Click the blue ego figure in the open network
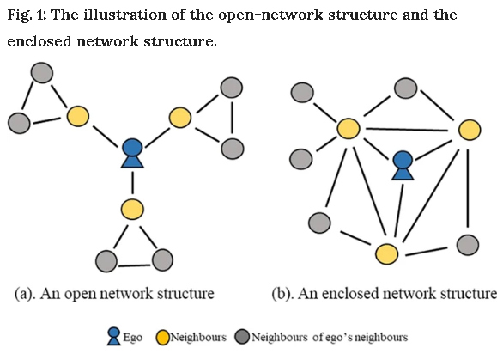pos(132,153)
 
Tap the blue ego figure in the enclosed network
pos(403,166)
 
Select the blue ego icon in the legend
pos(114,336)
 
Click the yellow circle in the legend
pos(162,338)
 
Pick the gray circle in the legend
pos(242,337)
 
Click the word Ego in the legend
pos(132,338)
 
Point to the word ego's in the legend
pos(337,338)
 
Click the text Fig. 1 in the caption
pos(27,15)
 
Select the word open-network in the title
pos(270,15)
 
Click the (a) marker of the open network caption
pos(25,294)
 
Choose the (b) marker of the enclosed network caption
pos(282,294)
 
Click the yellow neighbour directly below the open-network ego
pos(132,210)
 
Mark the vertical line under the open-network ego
pos(132,182)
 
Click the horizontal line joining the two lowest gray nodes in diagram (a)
pos(135,265)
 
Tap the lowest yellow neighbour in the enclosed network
pos(386,253)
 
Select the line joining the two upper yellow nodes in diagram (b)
pos(407,130)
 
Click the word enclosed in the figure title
pos(39,41)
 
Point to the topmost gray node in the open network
pos(42,73)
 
